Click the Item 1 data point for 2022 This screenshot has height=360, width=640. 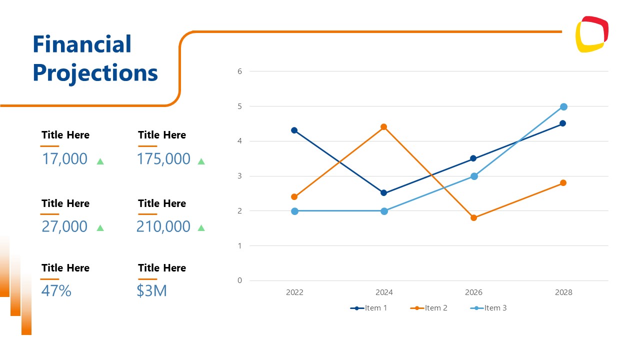pyautogui.click(x=294, y=130)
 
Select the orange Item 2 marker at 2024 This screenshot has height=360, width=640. pyautogui.click(x=383, y=127)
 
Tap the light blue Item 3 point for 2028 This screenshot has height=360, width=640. pyautogui.click(x=563, y=106)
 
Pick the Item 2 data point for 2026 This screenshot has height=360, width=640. pyautogui.click(x=473, y=218)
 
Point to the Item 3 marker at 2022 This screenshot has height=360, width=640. pyautogui.click(x=294, y=211)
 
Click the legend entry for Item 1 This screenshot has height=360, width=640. pyautogui.click(x=369, y=308)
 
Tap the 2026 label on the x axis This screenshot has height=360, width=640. pyautogui.click(x=473, y=292)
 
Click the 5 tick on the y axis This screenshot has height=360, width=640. pyautogui.click(x=239, y=106)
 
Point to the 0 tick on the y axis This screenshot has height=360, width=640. pyautogui.click(x=239, y=280)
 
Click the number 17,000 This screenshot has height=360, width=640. pyautogui.click(x=64, y=159)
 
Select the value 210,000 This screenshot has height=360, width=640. pyautogui.click(x=163, y=226)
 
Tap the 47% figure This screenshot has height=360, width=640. pyautogui.click(x=56, y=290)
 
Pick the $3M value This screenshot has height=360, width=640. pyautogui.click(x=151, y=290)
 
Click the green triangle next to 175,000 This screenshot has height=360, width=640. pyautogui.click(x=201, y=161)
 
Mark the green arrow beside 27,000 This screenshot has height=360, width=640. pyautogui.click(x=100, y=228)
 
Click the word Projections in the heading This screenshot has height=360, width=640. pyautogui.click(x=95, y=73)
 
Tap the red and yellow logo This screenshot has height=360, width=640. pyautogui.click(x=592, y=34)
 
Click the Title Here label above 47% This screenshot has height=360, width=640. pyautogui.click(x=65, y=268)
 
